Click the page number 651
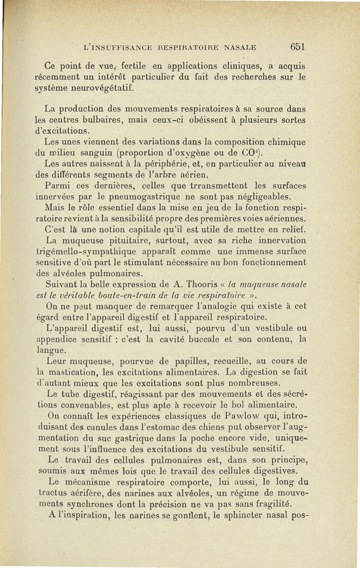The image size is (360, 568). [298, 46]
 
